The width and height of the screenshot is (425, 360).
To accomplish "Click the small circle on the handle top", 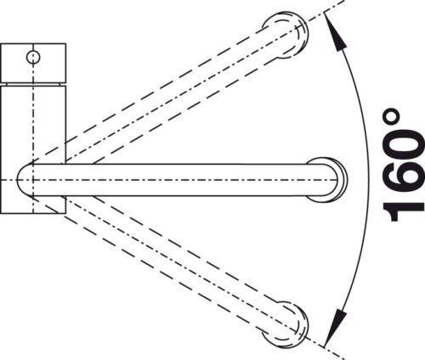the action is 33,58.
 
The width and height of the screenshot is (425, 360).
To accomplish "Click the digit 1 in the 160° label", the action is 403,210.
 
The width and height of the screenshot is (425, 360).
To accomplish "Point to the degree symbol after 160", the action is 392,116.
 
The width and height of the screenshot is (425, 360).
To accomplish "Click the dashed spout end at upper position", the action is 286,35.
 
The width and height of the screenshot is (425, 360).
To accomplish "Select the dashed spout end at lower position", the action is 286,323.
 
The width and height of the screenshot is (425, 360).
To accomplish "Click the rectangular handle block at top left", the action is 33,63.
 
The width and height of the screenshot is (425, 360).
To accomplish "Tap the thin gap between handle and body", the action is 33,85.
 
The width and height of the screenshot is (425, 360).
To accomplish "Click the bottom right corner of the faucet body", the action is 65,213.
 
